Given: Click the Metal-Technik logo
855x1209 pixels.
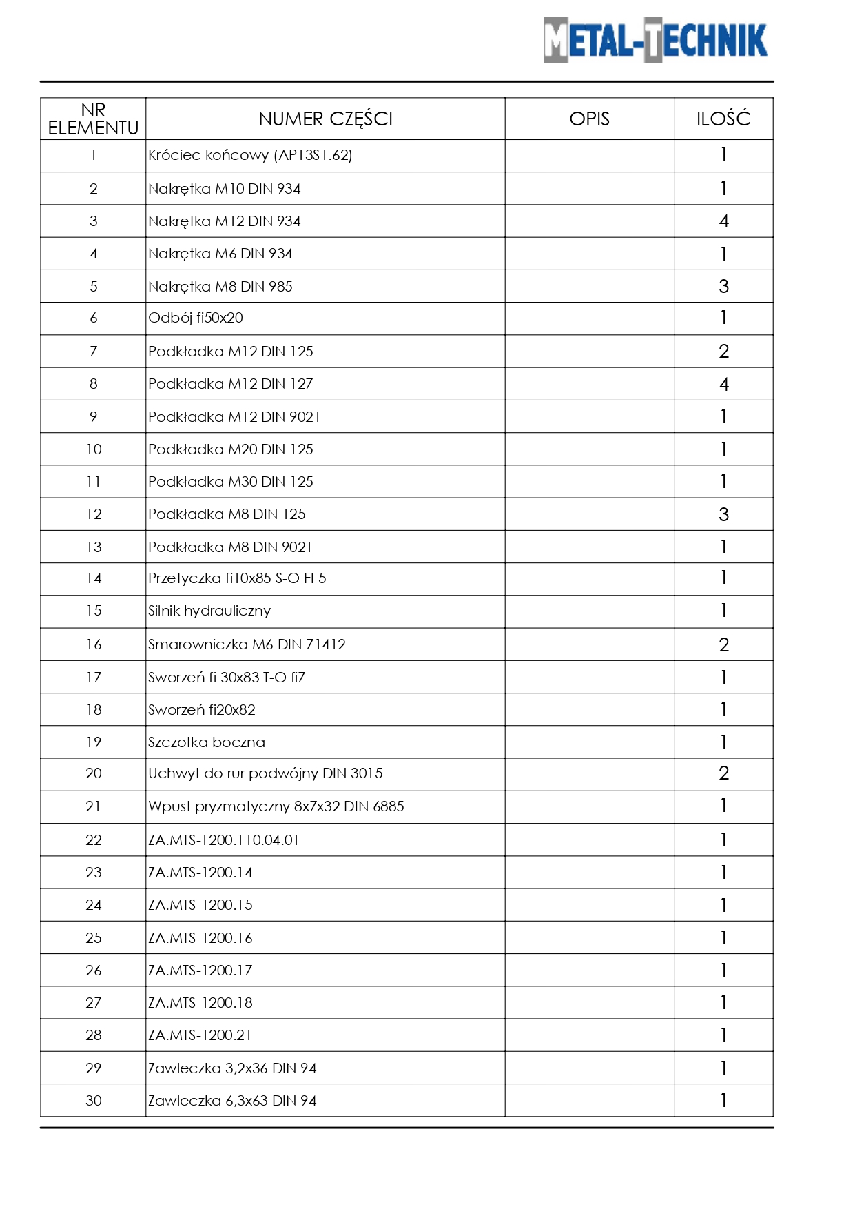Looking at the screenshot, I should (x=655, y=40).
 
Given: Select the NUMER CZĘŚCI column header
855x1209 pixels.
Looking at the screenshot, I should (x=325, y=119).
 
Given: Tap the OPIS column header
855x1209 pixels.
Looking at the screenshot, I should (x=589, y=119).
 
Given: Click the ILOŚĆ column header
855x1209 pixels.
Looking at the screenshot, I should (x=723, y=119).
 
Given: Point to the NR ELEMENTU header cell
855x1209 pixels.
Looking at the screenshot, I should (x=93, y=119).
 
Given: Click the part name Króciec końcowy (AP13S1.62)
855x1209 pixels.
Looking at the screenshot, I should (x=250, y=155).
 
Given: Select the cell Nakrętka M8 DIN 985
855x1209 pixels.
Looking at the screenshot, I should (x=220, y=287).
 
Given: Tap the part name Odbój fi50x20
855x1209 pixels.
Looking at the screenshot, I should (x=196, y=318).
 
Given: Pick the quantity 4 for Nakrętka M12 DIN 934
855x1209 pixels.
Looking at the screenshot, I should (x=723, y=221).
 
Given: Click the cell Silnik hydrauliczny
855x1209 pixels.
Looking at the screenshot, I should (x=209, y=611).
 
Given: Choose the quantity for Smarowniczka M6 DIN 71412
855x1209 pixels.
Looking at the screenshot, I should (x=723, y=644).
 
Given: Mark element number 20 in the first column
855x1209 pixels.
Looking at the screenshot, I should (x=94, y=773).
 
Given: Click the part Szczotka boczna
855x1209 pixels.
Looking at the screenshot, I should (x=207, y=742).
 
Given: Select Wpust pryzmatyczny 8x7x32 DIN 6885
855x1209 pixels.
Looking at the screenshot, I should (x=276, y=806).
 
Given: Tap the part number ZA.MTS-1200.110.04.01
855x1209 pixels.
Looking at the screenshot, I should (x=223, y=840).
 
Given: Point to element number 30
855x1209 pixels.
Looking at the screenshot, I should (x=94, y=1101).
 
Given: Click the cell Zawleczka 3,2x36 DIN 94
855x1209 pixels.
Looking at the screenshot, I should (x=232, y=1068).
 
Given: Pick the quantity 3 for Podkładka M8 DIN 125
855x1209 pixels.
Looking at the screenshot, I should (x=723, y=514).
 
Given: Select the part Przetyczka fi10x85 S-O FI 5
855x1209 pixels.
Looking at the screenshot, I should (x=237, y=578).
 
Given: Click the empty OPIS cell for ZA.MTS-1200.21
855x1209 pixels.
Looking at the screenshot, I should (x=589, y=1035).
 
